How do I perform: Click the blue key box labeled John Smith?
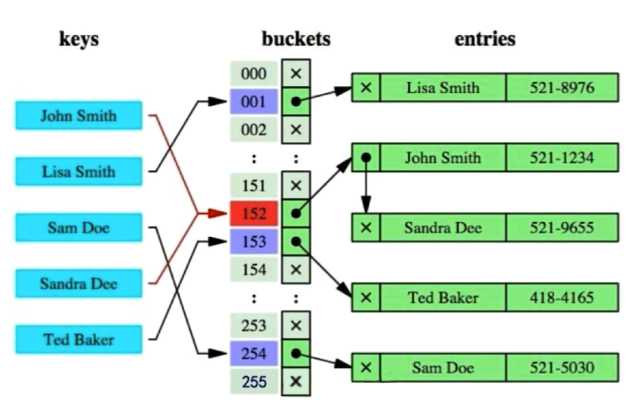point(79,115)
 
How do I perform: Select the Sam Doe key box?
point(79,228)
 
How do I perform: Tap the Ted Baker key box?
point(79,339)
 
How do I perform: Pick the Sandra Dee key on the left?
point(79,284)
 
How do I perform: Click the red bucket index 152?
point(254,213)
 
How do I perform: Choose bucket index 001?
point(254,102)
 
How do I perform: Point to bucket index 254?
point(254,354)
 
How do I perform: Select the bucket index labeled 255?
point(254,382)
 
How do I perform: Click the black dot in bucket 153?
point(296,242)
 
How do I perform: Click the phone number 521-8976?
point(562,88)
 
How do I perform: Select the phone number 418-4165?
point(562,298)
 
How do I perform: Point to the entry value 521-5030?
point(562,368)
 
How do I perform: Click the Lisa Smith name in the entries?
point(443,88)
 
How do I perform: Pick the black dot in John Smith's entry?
point(366,158)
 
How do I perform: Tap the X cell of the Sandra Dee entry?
point(366,228)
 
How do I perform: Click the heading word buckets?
point(296,39)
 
